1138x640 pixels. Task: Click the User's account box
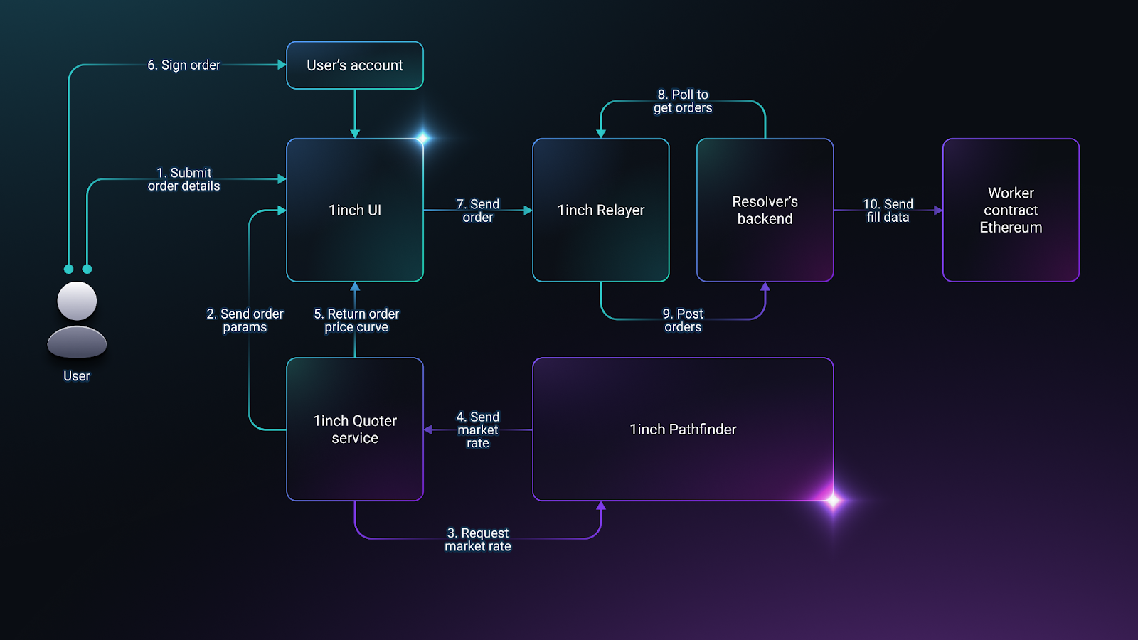click(x=355, y=65)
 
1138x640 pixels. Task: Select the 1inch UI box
click(x=355, y=210)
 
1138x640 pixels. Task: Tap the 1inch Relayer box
click(x=600, y=210)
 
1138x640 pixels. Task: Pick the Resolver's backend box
click(x=765, y=210)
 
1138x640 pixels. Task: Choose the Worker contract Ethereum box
click(x=1011, y=210)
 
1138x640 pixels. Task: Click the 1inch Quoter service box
click(x=355, y=430)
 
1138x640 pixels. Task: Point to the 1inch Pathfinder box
click(x=683, y=430)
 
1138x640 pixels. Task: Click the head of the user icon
click(x=77, y=301)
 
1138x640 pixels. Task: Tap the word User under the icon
click(x=77, y=376)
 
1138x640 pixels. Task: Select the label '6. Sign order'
click(x=184, y=65)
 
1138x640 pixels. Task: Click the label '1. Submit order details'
click(x=184, y=179)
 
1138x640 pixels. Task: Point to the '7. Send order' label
click(x=477, y=210)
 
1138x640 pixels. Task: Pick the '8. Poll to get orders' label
click(x=683, y=101)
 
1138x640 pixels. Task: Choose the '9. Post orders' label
click(x=683, y=320)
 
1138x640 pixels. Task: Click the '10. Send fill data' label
click(x=888, y=210)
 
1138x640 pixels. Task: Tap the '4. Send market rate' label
click(x=477, y=430)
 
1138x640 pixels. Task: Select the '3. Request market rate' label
click(x=477, y=540)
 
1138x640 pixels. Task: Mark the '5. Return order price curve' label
click(x=356, y=320)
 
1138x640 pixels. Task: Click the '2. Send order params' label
click(x=245, y=320)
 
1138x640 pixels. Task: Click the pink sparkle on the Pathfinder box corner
click(x=833, y=501)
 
